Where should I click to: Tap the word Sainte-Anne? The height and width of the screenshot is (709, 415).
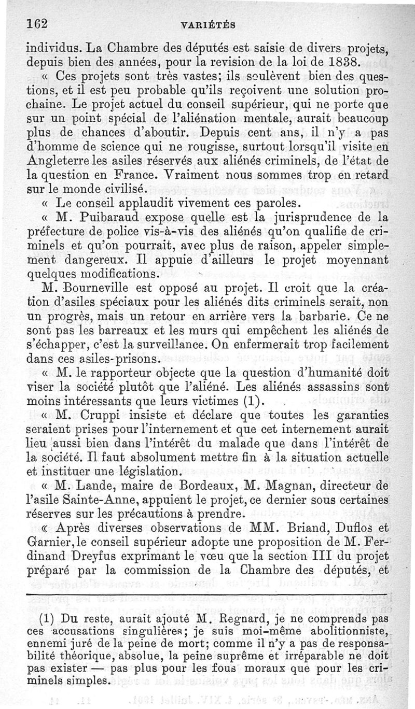click(x=78, y=500)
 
